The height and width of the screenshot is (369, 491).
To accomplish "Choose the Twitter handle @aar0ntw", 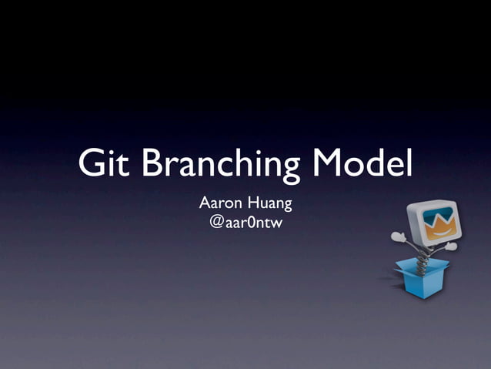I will (x=245, y=223).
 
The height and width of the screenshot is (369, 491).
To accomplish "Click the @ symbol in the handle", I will (x=216, y=223).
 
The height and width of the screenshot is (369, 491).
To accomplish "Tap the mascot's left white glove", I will (x=398, y=236).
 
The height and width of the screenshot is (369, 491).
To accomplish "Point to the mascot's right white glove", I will (x=452, y=247).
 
